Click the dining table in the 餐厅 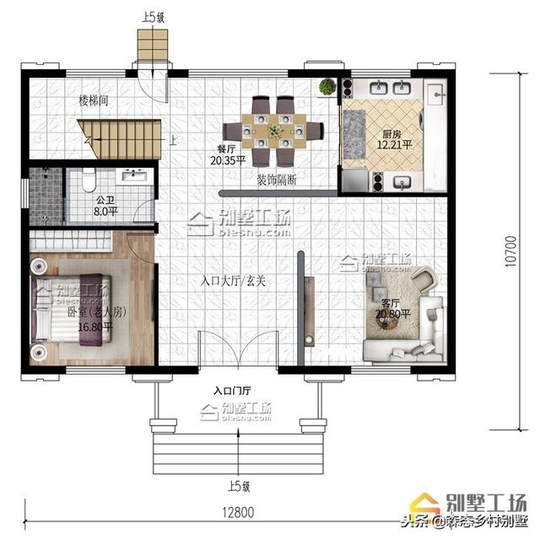[274, 131]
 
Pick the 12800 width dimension [240, 512]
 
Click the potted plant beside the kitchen [327, 86]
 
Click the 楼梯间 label [93, 100]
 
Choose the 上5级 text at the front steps [239, 486]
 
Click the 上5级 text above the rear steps [154, 16]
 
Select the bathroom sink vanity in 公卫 [135, 176]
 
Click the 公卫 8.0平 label [105, 208]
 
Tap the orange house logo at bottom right [449, 499]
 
